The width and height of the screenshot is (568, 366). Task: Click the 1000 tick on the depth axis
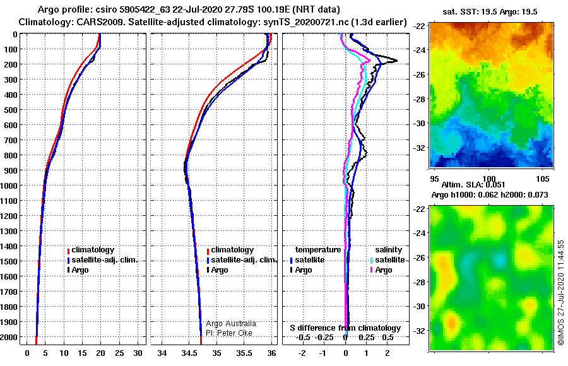(x=9, y=186)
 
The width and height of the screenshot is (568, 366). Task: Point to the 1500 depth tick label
(x=9, y=261)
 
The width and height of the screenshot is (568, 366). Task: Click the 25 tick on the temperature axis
(x=119, y=353)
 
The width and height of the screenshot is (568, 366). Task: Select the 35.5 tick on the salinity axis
(x=244, y=353)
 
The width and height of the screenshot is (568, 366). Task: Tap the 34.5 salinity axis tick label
(x=189, y=353)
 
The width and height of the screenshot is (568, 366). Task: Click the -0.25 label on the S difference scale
(x=324, y=338)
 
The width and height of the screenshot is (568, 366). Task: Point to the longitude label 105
(x=543, y=179)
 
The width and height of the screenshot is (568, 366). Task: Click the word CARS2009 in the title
(x=101, y=22)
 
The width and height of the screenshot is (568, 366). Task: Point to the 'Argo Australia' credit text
(x=231, y=324)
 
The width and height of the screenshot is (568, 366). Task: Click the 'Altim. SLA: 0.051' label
(x=473, y=185)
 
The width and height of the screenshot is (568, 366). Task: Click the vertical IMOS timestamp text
(x=561, y=292)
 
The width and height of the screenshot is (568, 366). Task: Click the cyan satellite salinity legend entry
(x=388, y=260)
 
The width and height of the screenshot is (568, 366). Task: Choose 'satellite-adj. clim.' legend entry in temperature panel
(x=102, y=260)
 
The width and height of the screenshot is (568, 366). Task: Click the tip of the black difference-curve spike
(x=397, y=61)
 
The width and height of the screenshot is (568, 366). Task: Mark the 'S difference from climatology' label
(x=345, y=328)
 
